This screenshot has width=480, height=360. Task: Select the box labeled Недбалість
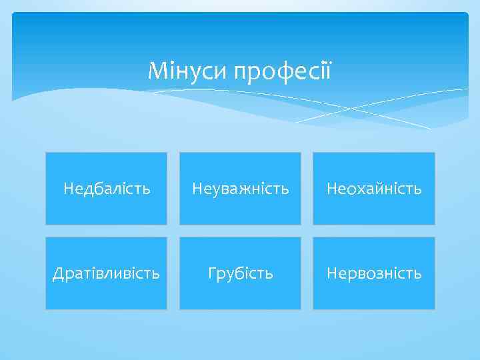[107, 189]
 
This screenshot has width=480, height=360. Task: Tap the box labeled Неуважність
[240, 189]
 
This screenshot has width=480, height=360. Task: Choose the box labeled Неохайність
[373, 189]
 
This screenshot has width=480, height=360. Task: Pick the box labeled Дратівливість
[107, 273]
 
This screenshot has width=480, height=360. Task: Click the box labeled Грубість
[240, 273]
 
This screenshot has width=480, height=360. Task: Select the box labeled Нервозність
[373, 273]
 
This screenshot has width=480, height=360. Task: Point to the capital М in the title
[155, 69]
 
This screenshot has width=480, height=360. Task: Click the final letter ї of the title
[327, 69]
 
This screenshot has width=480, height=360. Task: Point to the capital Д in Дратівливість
[58, 273]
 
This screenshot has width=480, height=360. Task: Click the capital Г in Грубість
[212, 273]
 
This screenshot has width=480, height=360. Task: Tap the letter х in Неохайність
[357, 189]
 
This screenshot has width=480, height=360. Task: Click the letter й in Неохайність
[376, 189]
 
